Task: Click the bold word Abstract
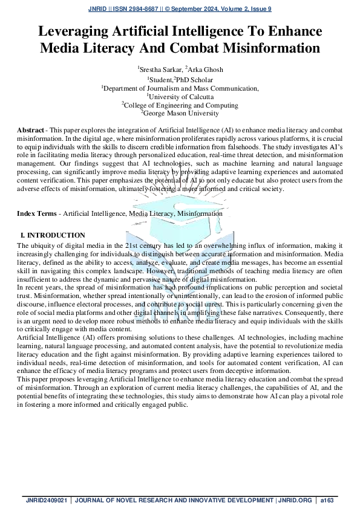pyautogui.click(x=30, y=131)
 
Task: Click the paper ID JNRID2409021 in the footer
pyautogui.click(x=47, y=501)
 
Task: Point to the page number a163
pyautogui.click(x=327, y=501)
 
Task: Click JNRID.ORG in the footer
pyautogui.click(x=296, y=501)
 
